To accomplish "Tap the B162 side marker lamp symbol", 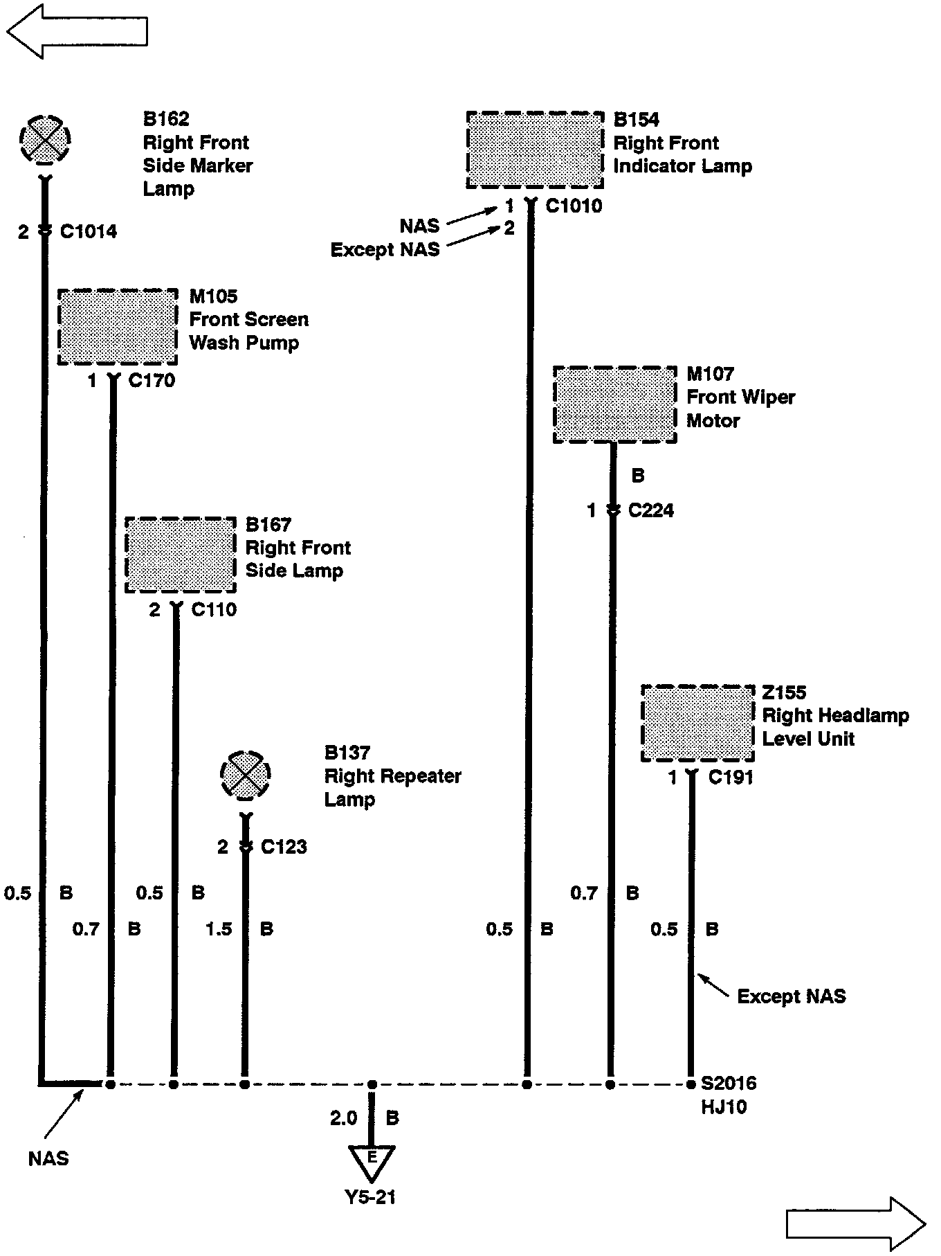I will click(45, 139).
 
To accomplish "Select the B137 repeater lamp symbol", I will click(245, 774).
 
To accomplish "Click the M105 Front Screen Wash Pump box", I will click(118, 327).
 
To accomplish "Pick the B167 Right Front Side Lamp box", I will click(181, 555).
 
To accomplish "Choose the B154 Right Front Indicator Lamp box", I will click(534, 150).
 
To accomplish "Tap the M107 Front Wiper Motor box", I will click(614, 404).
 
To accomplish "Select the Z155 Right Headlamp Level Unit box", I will click(697, 724).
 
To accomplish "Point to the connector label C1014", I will click(89, 232).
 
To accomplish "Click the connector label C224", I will click(650, 511).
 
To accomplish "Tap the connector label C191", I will click(731, 778).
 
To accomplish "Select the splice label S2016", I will click(729, 1083).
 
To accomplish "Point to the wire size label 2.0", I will click(343, 1118).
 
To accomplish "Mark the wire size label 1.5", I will click(219, 929).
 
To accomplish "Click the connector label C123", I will click(284, 847).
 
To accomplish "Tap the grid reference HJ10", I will click(724, 1106).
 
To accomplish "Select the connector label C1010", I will click(574, 206).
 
